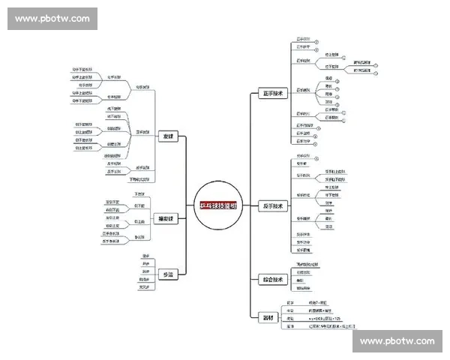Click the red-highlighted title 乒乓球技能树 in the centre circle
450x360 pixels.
tap(217, 206)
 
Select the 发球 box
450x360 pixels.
tap(167, 136)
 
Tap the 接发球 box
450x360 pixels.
tap(166, 219)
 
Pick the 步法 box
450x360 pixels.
tap(168, 275)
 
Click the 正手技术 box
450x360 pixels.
tap(272, 94)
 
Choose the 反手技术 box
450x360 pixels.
tap(272, 206)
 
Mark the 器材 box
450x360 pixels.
tap(268, 318)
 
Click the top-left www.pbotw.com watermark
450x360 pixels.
tap(52, 19)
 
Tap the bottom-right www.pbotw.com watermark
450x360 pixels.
tap(397, 341)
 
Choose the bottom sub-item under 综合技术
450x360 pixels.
tap(303, 288)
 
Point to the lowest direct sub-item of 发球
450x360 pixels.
tap(139, 179)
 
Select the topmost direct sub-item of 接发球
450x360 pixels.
tap(139, 194)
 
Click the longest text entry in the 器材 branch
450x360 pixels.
tap(325, 326)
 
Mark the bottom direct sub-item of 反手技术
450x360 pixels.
tap(303, 250)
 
